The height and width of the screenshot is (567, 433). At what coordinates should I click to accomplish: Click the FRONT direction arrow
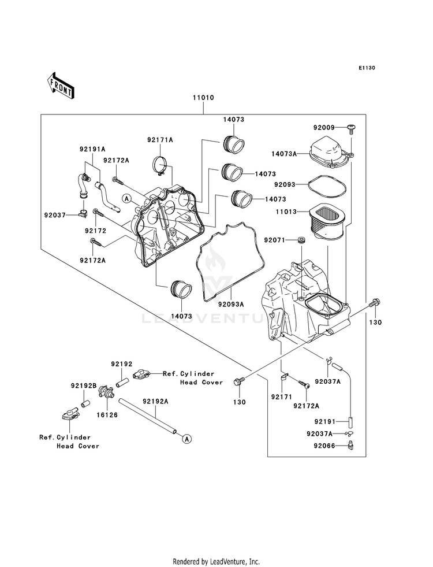click(x=60, y=86)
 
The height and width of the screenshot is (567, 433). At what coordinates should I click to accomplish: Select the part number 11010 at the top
click(x=203, y=98)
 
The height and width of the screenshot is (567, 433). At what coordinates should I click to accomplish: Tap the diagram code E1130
click(x=367, y=68)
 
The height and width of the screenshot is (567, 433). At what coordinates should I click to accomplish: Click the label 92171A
click(x=160, y=139)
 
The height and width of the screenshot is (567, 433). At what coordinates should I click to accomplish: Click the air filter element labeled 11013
click(x=326, y=221)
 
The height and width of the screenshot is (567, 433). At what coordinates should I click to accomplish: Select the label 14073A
click(x=284, y=154)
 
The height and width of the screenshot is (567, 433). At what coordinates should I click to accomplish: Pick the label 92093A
click(x=231, y=305)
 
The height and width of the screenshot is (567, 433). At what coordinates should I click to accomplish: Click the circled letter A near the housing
click(x=126, y=198)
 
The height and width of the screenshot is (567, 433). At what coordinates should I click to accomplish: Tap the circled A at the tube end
click(x=186, y=439)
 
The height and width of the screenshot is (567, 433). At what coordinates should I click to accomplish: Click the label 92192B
click(x=83, y=386)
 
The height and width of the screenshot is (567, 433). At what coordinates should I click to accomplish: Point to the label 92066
click(x=324, y=446)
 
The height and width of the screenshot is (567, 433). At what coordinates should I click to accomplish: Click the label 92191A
click(x=92, y=149)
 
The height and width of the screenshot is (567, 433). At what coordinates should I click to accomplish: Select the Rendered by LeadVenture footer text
click(x=216, y=562)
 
